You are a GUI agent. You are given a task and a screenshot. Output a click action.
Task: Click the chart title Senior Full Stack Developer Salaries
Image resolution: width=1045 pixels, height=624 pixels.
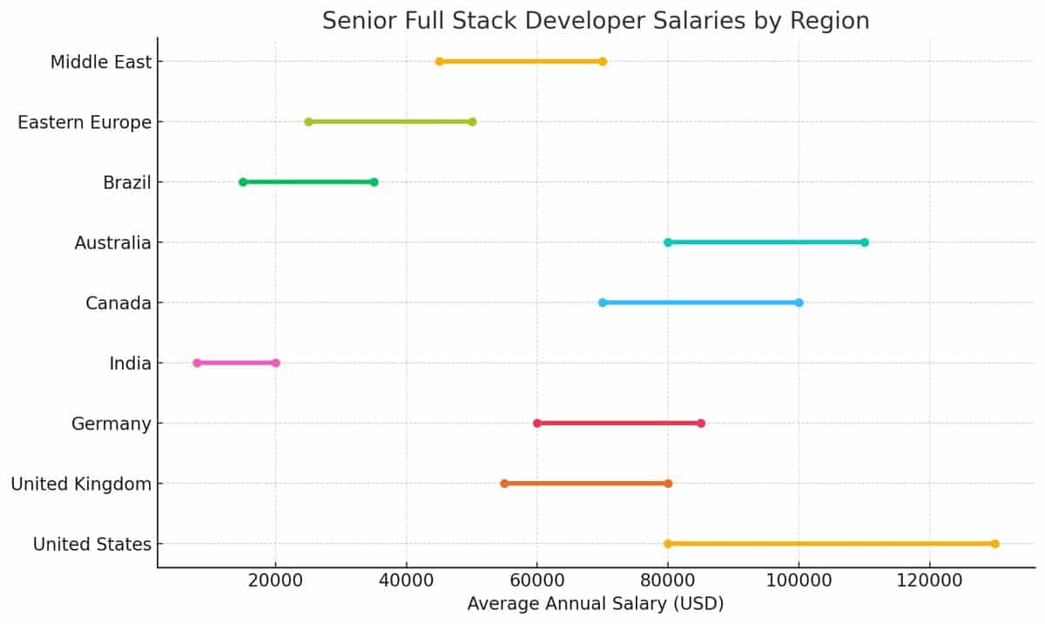click(596, 21)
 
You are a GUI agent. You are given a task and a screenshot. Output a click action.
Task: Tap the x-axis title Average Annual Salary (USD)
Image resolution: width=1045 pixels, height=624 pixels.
click(596, 603)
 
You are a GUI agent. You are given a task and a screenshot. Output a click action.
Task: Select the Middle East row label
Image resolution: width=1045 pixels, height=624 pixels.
click(101, 62)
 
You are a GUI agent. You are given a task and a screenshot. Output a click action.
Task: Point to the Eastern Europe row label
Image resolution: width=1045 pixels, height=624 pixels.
click(84, 122)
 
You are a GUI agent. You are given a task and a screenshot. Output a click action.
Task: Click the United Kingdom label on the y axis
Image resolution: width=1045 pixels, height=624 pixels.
click(81, 484)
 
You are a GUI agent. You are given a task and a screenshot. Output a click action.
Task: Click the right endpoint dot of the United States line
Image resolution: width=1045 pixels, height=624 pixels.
click(994, 544)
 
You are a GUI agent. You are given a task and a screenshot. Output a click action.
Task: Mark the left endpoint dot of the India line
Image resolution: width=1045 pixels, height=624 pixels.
click(197, 363)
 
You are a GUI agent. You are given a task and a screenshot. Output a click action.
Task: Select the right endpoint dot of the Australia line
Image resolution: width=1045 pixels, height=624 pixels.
click(864, 242)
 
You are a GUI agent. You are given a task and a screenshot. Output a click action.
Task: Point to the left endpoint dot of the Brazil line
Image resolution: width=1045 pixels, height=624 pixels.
click(243, 182)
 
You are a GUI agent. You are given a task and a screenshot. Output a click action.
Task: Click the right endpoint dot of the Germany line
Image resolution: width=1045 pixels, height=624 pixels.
click(701, 424)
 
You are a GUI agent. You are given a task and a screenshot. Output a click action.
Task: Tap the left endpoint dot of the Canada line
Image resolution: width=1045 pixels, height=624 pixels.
click(603, 302)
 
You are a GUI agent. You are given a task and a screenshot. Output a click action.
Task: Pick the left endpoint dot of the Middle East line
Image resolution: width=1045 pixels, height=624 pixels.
click(439, 62)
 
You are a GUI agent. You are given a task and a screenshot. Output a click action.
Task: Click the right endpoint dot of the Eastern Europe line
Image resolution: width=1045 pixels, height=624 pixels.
click(472, 122)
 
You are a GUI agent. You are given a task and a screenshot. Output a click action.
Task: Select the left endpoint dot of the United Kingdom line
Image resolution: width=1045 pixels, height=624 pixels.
click(504, 484)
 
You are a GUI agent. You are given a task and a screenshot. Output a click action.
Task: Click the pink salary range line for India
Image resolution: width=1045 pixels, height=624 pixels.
click(236, 363)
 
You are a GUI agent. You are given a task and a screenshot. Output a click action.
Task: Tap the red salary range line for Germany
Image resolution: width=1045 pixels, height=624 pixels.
click(619, 424)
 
